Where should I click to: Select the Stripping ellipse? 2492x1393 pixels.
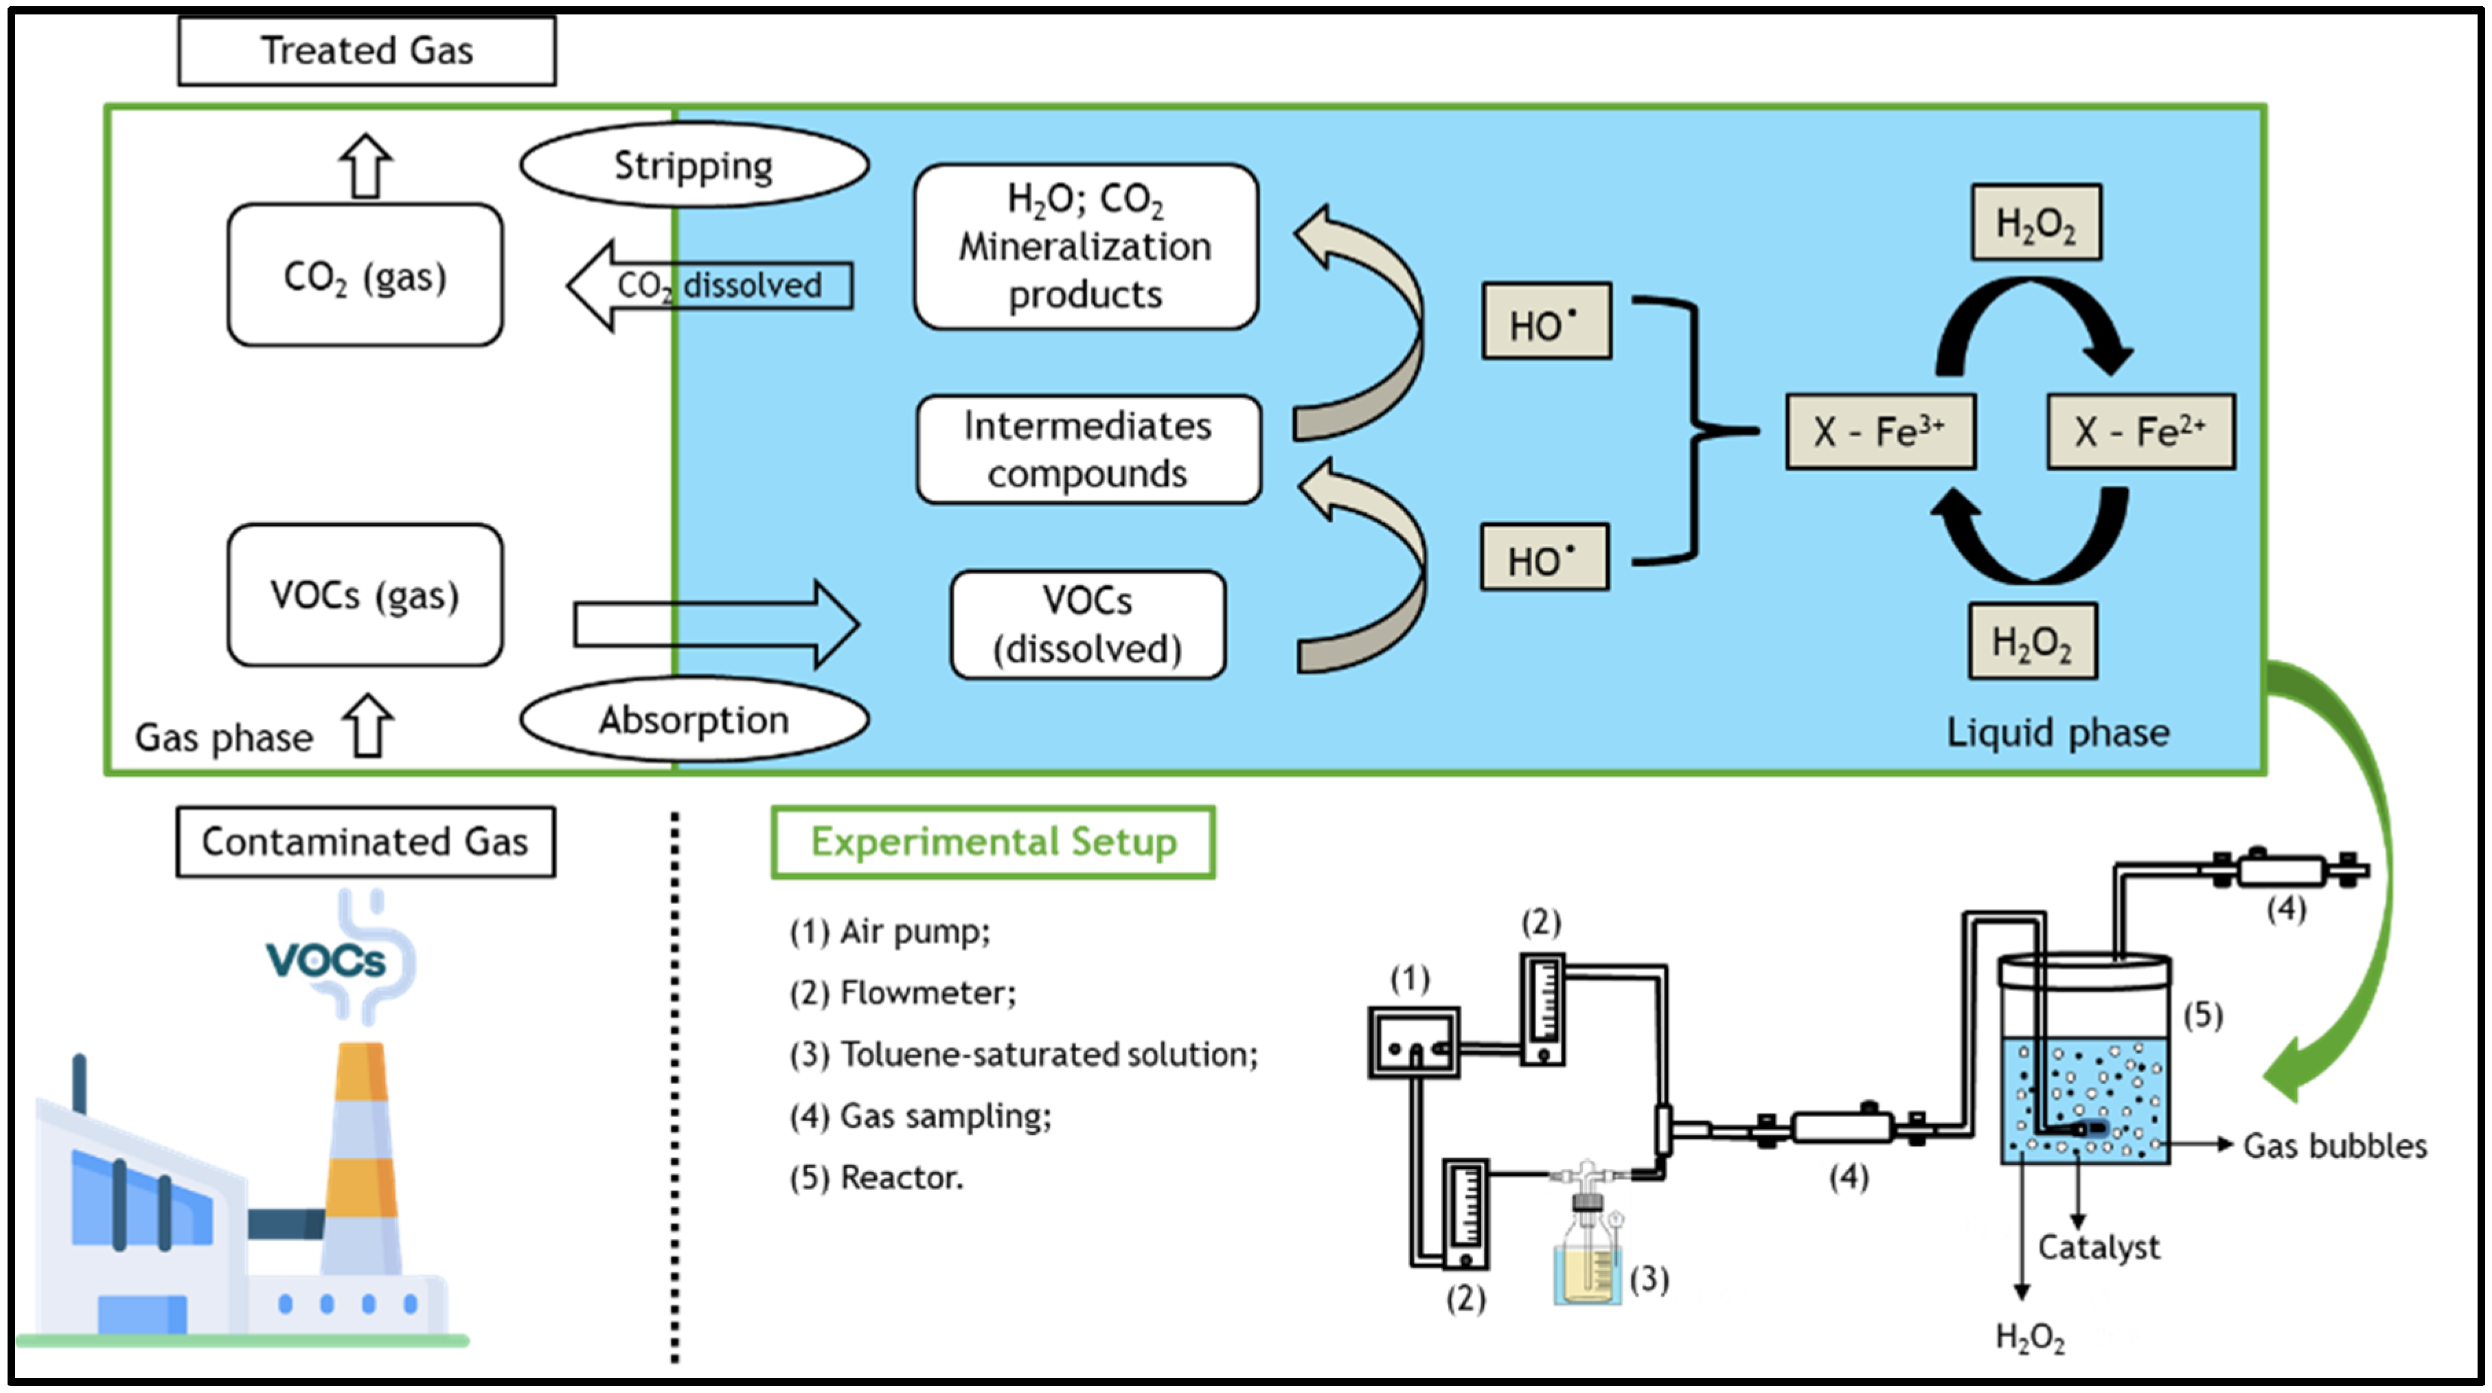coord(694,165)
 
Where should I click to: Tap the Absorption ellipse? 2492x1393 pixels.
coord(694,719)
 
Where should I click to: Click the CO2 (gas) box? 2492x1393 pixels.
coord(365,276)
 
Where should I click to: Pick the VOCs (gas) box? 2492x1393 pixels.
coord(365,595)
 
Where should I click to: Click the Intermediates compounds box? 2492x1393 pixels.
coord(1087,450)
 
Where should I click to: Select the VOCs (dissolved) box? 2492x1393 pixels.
coord(1087,624)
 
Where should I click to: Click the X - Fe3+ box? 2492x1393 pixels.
coord(1879,431)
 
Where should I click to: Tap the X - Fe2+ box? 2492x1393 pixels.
coord(2140,431)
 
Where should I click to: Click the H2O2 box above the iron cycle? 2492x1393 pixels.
coord(2035,223)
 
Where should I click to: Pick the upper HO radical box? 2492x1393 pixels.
coord(1546,322)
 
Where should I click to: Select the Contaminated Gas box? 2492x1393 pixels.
coord(365,842)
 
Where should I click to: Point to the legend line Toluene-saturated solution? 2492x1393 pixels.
coord(1023,1053)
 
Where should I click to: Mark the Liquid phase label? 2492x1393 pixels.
coord(2057,733)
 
